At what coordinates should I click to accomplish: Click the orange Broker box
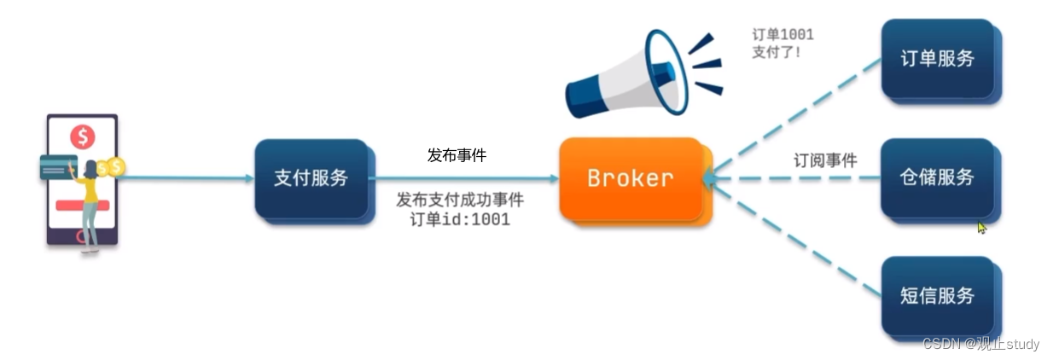631,178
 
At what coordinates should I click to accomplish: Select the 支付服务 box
311,178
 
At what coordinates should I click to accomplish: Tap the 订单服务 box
937,59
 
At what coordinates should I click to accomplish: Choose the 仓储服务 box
937,177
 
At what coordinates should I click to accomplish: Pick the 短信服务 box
937,296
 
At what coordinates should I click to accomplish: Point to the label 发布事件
457,155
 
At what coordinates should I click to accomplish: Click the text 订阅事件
825,160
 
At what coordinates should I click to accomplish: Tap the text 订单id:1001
461,219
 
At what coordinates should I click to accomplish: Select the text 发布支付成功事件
460,200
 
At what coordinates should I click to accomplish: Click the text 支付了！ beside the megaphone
777,52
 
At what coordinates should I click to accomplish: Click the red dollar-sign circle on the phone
83,136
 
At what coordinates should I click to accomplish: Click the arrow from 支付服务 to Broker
465,178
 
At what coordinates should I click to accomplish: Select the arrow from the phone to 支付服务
188,178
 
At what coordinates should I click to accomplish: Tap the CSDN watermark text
980,344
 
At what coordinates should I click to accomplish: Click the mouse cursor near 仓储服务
981,228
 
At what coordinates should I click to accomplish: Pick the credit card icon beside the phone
57,166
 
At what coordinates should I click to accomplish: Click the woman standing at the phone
89,205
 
